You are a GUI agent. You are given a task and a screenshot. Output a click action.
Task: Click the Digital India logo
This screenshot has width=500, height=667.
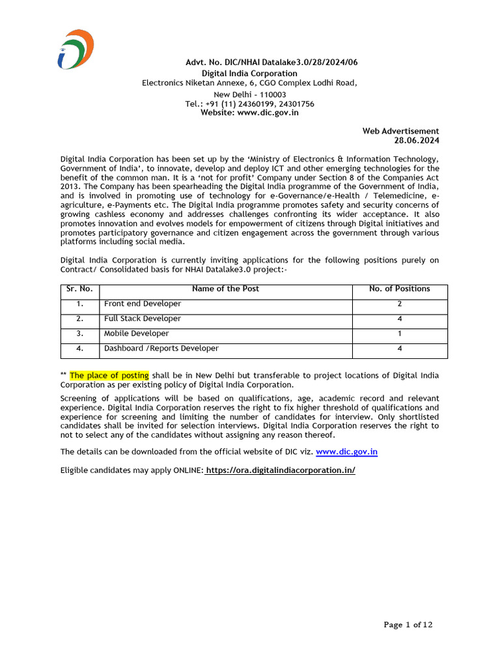click(75, 49)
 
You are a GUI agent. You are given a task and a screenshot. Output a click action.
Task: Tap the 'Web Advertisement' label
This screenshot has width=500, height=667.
click(400, 131)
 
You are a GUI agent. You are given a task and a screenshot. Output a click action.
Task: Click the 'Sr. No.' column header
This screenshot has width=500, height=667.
click(79, 289)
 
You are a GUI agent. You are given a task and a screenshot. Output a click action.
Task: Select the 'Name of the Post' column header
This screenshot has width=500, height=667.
click(225, 289)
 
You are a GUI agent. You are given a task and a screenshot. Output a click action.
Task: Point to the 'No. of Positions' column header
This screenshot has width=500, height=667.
click(399, 289)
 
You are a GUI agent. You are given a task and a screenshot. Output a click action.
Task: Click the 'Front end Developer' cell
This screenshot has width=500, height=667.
click(143, 304)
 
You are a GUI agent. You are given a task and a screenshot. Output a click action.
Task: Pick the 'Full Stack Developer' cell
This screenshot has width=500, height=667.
click(143, 319)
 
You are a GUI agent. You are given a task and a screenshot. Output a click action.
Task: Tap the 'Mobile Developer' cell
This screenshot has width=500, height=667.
click(136, 333)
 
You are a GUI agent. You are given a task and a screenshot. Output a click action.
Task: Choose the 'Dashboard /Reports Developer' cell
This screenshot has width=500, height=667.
click(161, 348)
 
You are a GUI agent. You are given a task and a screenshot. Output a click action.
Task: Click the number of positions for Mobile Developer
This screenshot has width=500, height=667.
click(400, 333)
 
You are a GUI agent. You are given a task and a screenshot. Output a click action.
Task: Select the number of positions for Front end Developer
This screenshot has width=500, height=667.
click(400, 304)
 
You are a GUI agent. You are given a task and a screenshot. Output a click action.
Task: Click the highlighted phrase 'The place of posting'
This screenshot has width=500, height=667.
click(109, 375)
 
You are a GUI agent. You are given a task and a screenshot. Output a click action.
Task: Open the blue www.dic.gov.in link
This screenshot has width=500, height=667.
click(346, 451)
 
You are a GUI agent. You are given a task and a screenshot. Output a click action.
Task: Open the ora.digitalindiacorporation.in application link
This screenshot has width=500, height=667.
click(281, 470)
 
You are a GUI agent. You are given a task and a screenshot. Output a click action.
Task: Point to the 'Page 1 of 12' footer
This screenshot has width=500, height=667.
click(408, 625)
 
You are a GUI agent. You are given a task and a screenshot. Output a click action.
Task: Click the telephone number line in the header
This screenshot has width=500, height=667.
click(249, 104)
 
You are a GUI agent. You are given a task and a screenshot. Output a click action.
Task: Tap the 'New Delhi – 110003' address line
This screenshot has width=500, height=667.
click(249, 94)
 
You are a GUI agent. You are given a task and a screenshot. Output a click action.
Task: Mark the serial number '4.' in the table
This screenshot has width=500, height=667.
click(79, 348)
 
